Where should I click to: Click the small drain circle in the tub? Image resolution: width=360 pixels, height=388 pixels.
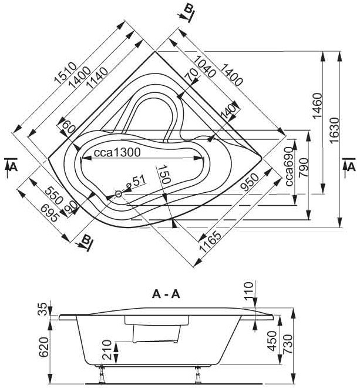[119, 193]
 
